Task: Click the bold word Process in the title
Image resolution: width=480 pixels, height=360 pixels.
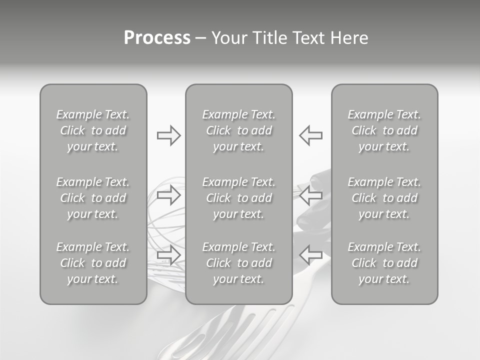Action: (157, 38)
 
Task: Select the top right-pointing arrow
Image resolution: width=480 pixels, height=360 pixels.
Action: (168, 135)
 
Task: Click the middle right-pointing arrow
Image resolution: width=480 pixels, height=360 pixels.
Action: (168, 195)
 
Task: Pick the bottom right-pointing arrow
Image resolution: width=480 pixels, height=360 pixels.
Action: (168, 255)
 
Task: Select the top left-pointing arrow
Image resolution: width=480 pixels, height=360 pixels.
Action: (310, 135)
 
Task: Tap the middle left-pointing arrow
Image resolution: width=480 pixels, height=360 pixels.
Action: (310, 195)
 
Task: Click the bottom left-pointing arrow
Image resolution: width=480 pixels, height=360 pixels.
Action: (310, 255)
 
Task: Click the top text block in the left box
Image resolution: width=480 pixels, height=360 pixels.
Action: (93, 130)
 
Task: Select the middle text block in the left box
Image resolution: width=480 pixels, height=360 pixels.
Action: (93, 198)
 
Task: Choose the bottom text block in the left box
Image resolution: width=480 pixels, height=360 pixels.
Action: (93, 263)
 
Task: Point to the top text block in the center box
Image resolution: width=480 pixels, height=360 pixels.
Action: (238, 130)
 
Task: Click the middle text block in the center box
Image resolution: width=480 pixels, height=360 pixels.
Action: (238, 198)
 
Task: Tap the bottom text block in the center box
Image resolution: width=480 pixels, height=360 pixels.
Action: (238, 263)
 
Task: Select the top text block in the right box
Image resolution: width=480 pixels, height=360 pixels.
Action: (384, 130)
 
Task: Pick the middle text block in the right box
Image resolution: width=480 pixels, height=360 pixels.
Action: (384, 198)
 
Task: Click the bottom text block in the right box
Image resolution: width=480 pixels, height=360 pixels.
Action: (384, 263)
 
